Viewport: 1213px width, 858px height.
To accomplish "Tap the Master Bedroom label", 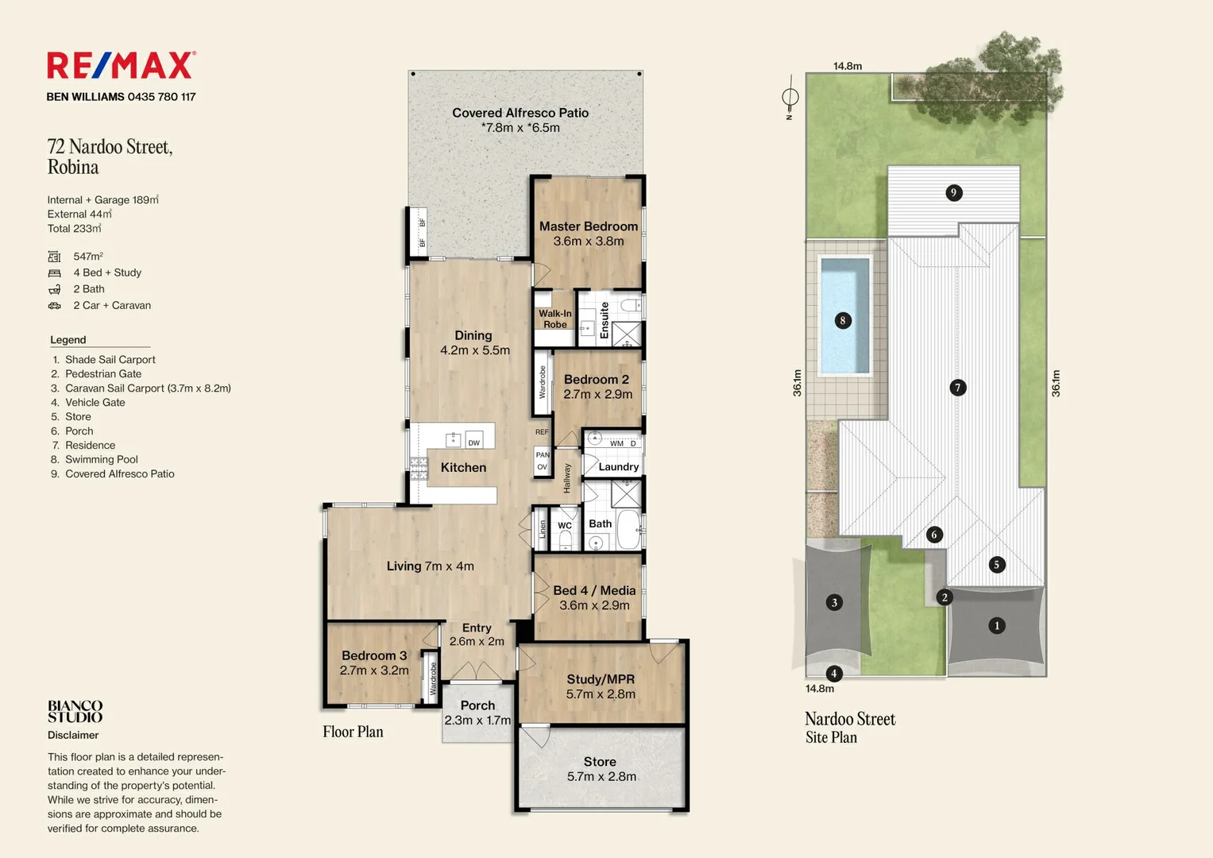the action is [x=588, y=226].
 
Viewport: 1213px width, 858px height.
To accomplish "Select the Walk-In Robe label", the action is [x=555, y=319].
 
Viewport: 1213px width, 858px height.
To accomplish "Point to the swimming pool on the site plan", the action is [x=844, y=316].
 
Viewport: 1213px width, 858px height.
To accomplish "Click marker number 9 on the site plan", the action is [x=953, y=192].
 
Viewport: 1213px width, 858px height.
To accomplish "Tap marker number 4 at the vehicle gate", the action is [x=834, y=674].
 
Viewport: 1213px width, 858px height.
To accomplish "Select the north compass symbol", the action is [x=790, y=98].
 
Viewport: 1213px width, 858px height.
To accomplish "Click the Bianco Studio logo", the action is [x=75, y=711].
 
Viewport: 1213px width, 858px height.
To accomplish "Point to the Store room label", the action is [x=600, y=762].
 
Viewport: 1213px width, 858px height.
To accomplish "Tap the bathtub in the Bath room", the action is [x=628, y=529].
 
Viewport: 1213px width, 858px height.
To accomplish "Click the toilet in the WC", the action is [x=565, y=539].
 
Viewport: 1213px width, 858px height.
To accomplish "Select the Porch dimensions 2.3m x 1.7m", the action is [x=477, y=721].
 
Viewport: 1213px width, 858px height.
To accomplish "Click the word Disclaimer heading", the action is [x=73, y=735].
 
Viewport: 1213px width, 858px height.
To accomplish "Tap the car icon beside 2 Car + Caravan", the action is [x=55, y=306].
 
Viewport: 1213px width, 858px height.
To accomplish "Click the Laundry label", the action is [x=618, y=467].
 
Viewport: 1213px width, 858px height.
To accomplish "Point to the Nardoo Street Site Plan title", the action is [x=850, y=728].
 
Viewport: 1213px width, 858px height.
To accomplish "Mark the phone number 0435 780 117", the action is [x=161, y=97].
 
